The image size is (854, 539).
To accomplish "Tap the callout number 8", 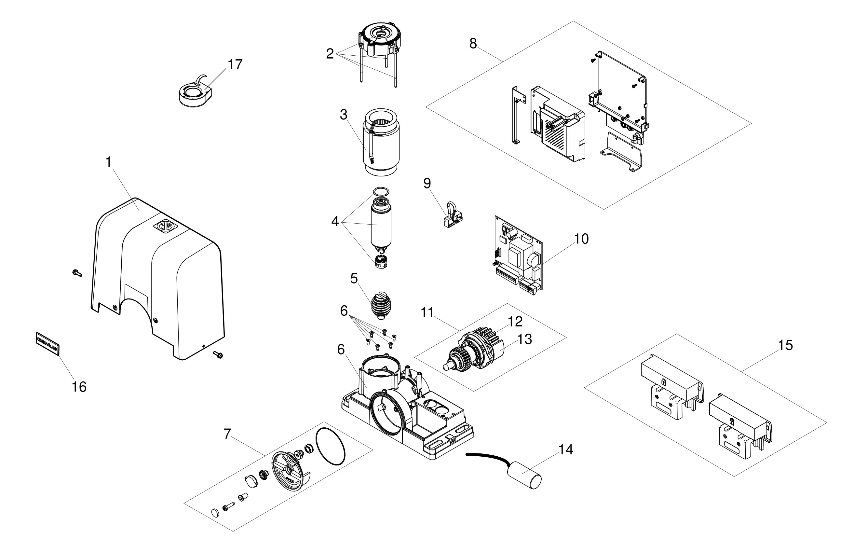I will click(473, 44).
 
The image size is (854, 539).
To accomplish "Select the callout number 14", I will click(566, 449).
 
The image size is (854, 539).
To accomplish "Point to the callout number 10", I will click(581, 239).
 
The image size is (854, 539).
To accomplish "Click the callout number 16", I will click(79, 387).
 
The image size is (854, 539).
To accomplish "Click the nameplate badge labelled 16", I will click(47, 343).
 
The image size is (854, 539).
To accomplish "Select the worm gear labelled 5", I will click(381, 304).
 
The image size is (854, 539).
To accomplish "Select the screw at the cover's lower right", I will click(217, 354).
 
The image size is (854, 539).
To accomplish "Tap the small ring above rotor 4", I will click(381, 192).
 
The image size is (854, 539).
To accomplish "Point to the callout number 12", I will click(515, 322).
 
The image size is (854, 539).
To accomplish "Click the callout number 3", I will click(343, 115).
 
